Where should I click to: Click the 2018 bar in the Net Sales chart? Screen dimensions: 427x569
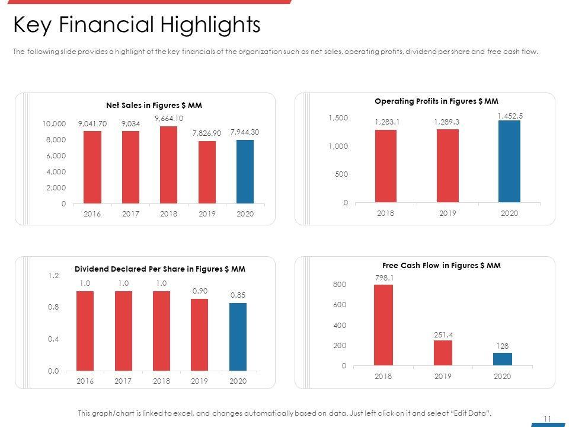point(168,165)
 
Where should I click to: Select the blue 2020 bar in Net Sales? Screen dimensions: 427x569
point(245,172)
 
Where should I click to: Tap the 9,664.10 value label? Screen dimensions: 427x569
point(168,119)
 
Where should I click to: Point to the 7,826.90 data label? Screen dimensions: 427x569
point(206,133)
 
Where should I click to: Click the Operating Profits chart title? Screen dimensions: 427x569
point(436,101)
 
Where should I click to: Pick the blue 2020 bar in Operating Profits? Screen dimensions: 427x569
point(509,161)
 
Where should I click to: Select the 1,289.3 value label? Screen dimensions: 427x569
point(447,122)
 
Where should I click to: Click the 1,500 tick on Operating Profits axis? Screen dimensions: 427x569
point(338,119)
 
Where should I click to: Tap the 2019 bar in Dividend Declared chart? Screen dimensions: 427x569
point(200,334)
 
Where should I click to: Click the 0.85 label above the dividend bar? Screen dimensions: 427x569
point(238,294)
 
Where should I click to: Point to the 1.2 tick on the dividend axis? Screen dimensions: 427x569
point(53,276)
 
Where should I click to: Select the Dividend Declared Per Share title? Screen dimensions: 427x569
point(160,269)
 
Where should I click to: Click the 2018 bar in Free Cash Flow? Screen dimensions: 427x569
point(383,325)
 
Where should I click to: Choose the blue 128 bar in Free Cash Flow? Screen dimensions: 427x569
point(502,359)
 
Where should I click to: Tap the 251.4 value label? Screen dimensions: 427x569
point(443,335)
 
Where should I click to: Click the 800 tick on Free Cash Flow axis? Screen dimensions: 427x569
point(340,285)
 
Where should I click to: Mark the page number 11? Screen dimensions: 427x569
point(547,419)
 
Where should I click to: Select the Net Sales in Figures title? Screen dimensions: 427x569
point(154,106)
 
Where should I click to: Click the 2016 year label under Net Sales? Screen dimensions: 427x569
point(92,213)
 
